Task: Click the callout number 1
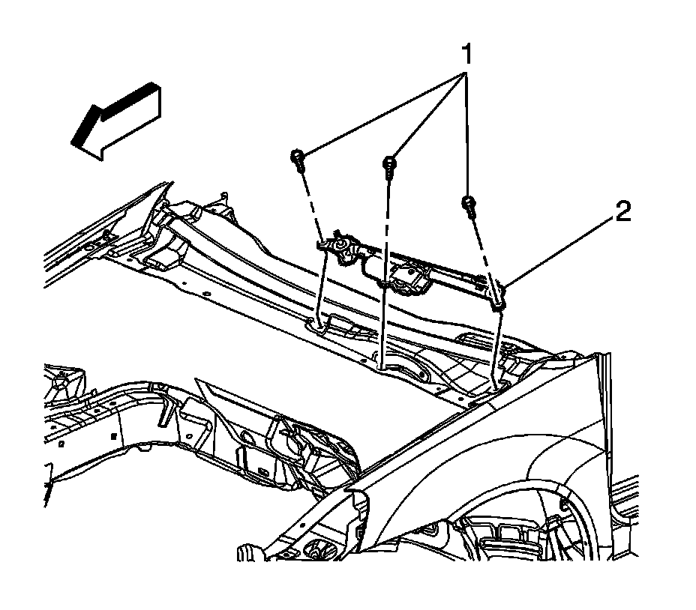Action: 466,54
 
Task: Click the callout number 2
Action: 623,213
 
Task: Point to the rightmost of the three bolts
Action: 468,205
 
